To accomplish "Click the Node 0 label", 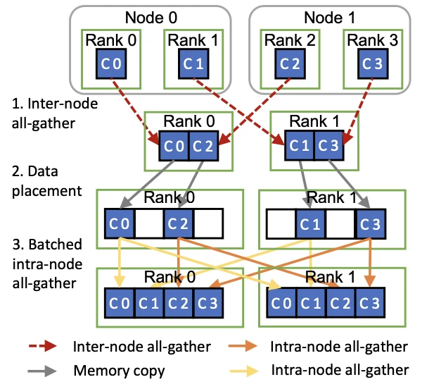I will coord(143,17).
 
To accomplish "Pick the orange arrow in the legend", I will coord(245,347).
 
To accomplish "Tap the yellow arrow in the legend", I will coord(245,369).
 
